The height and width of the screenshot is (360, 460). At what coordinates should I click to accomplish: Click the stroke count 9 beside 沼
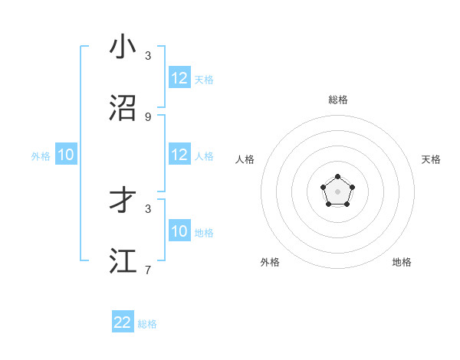(148, 116)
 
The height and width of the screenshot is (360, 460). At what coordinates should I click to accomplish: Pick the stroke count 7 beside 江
(148, 270)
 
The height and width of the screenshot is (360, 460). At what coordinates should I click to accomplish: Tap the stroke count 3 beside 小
(148, 55)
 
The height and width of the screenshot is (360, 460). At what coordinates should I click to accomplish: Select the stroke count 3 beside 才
(148, 208)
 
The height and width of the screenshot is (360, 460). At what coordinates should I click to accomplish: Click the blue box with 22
(123, 322)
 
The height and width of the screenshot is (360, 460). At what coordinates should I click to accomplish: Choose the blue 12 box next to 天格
(179, 78)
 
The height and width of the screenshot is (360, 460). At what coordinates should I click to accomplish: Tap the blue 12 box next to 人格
(179, 155)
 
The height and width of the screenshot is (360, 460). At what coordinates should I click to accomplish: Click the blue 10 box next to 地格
(179, 231)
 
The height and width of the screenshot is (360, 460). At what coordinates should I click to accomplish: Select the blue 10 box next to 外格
(66, 155)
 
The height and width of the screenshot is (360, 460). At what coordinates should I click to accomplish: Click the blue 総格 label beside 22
(147, 324)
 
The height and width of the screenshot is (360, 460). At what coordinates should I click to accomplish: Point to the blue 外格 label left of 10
(41, 156)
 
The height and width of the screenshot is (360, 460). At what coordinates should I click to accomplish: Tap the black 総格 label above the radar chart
(338, 100)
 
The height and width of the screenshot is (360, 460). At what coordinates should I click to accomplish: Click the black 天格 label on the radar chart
(432, 159)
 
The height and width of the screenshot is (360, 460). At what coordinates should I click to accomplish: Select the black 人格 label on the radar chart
(245, 159)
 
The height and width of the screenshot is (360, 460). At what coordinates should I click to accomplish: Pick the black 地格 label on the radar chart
(402, 262)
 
